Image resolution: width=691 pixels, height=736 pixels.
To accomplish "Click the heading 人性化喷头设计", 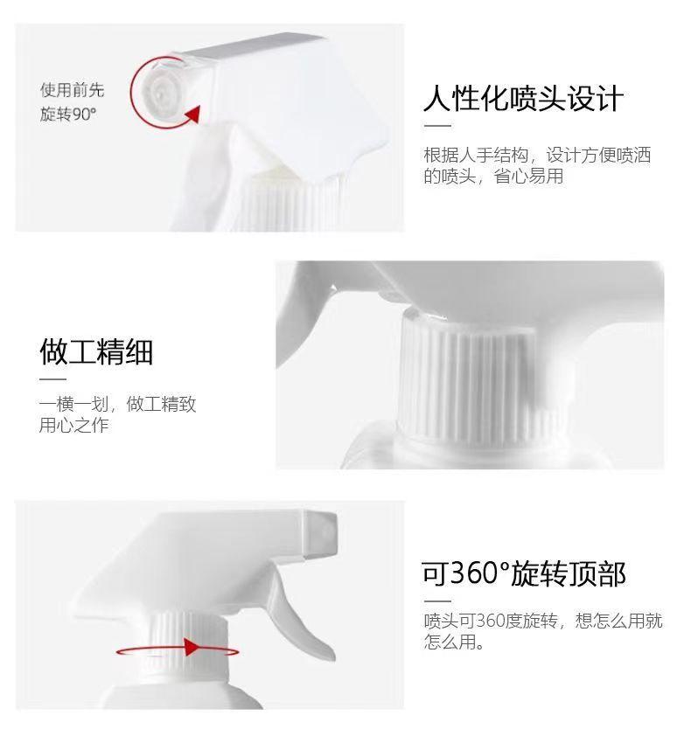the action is pyautogui.click(x=523, y=99).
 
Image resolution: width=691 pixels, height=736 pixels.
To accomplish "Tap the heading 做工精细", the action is pyautogui.click(x=96, y=351).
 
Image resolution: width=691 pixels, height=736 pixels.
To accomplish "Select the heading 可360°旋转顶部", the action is pyautogui.click(x=523, y=573).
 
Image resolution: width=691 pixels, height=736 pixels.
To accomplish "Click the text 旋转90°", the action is pyautogui.click(x=68, y=114).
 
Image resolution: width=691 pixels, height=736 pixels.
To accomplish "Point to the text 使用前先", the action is pyautogui.click(x=72, y=90).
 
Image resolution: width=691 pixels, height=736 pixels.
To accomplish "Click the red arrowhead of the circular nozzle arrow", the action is pyautogui.click(x=193, y=114).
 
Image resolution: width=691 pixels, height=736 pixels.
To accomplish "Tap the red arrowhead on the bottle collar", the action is pyautogui.click(x=192, y=647).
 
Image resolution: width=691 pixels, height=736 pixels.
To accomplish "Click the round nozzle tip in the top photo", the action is pyautogui.click(x=160, y=92).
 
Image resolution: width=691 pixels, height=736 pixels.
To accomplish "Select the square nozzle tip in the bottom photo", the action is pyautogui.click(x=320, y=535).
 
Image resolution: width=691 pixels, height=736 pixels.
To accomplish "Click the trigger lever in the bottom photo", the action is pyautogui.click(x=301, y=614).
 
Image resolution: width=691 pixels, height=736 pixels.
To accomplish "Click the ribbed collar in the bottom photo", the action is pyautogui.click(x=188, y=643).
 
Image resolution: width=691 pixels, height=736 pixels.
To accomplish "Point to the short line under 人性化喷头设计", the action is pyautogui.click(x=437, y=126).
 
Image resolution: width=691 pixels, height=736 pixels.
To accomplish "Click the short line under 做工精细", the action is pyautogui.click(x=52, y=378).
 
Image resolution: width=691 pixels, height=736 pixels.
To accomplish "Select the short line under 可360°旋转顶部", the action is pyautogui.click(x=437, y=601).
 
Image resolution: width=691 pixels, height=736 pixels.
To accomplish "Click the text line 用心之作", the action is pyautogui.click(x=73, y=426).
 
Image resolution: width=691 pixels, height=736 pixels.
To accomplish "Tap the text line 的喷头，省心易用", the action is pyautogui.click(x=493, y=176).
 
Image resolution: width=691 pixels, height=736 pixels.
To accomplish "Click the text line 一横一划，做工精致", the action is pyautogui.click(x=117, y=404).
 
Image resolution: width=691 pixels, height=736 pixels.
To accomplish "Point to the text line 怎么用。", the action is pyautogui.click(x=454, y=642).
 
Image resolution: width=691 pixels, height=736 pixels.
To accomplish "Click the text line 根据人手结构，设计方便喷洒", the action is pyautogui.click(x=537, y=155).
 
